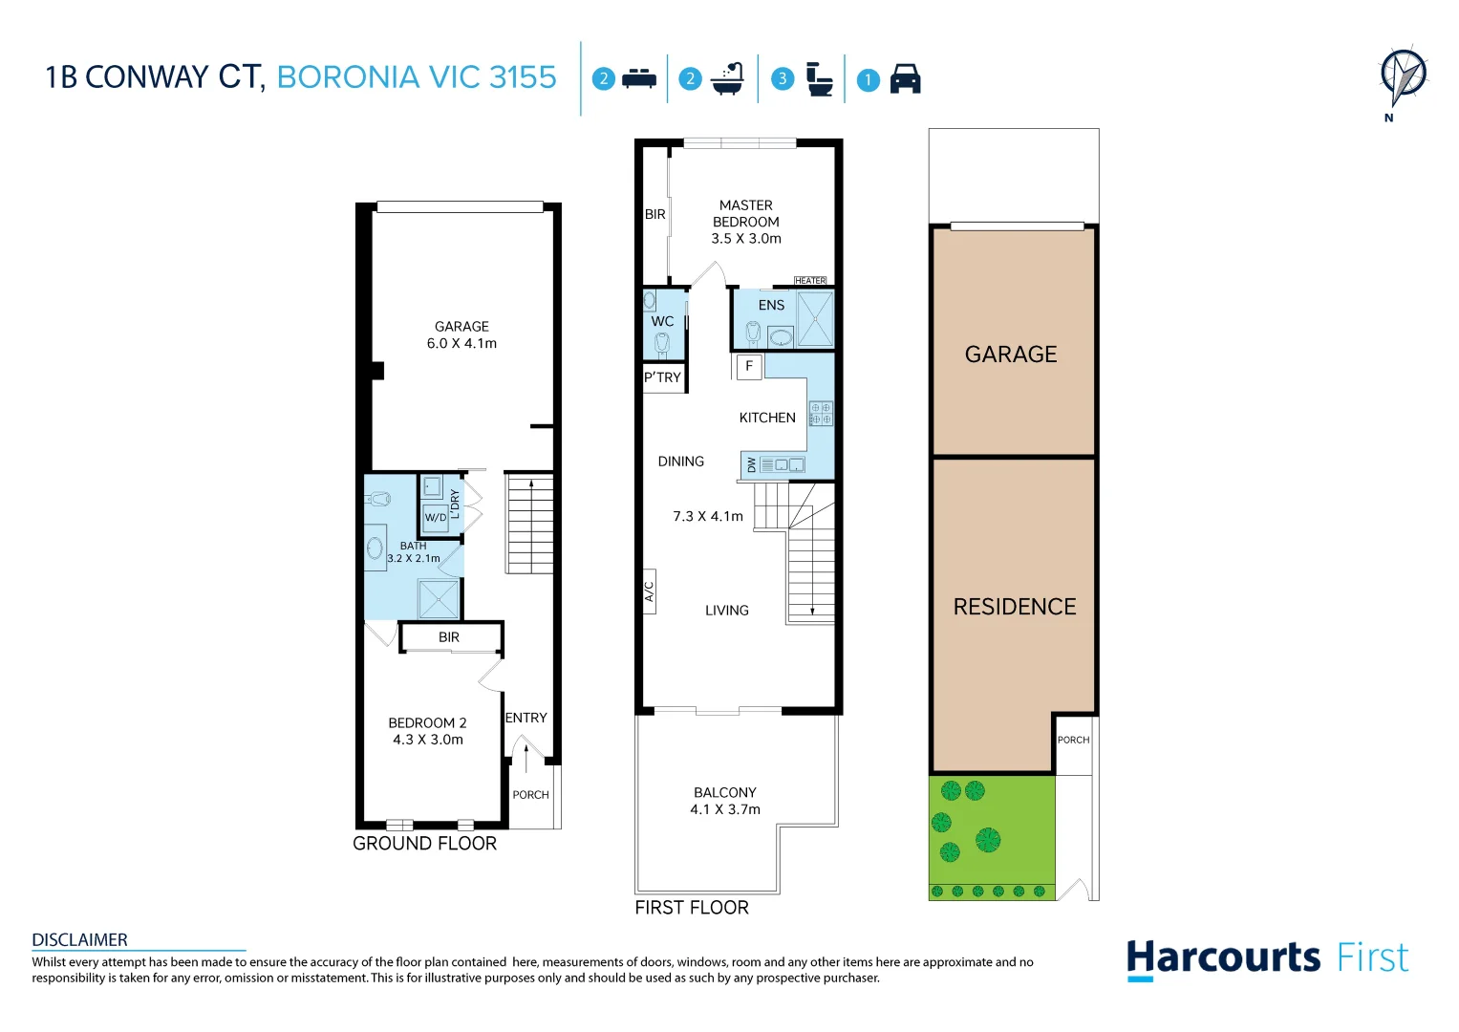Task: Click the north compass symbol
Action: (1404, 78)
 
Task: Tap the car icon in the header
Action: (906, 78)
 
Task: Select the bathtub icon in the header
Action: (727, 78)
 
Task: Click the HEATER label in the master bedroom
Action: (810, 281)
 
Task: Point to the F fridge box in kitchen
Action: (749, 366)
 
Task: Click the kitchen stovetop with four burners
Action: (821, 414)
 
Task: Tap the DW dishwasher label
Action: (752, 465)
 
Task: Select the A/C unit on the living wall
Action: (650, 591)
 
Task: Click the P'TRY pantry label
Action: (662, 377)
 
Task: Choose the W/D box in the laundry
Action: (436, 518)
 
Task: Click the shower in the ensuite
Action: (815, 318)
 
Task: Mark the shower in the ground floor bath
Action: (439, 599)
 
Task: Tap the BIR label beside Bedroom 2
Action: (449, 637)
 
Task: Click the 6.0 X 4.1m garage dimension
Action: (461, 343)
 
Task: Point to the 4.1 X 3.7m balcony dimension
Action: (725, 809)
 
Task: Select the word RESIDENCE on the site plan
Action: (1015, 607)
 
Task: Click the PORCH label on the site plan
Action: (1073, 741)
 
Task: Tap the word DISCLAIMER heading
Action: (79, 940)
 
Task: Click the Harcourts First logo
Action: (1268, 959)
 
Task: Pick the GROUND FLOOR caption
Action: (424, 844)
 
